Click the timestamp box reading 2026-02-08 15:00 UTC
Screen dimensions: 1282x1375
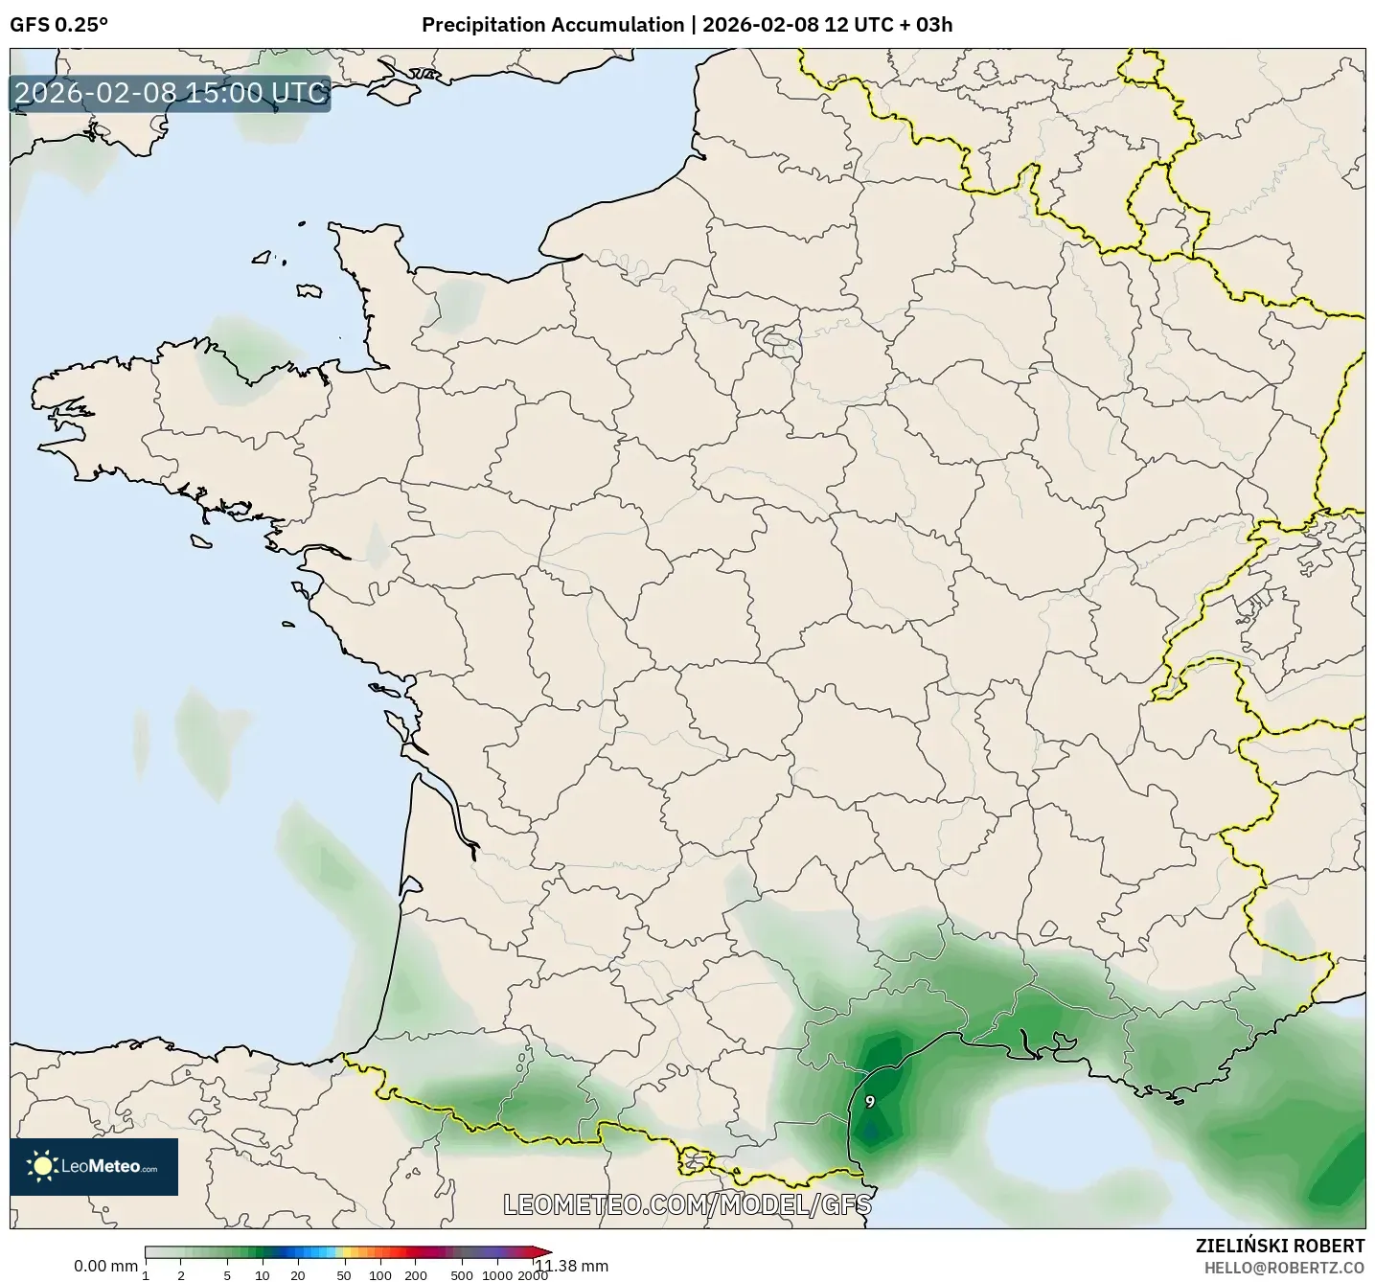tap(171, 93)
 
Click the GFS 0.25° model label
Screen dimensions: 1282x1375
tap(58, 25)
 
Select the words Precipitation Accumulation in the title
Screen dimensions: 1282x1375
tap(553, 25)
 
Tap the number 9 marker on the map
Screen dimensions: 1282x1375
tap(870, 1102)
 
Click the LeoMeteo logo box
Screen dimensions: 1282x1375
tap(94, 1166)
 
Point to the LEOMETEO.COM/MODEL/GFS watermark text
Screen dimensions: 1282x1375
tap(687, 1204)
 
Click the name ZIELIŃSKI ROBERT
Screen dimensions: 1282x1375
tap(1280, 1246)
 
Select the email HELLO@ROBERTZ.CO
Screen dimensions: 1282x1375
tap(1284, 1268)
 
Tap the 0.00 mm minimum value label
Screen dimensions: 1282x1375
tap(105, 1266)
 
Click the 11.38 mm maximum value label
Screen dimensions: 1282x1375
tap(571, 1266)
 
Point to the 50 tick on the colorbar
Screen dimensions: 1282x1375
tap(344, 1275)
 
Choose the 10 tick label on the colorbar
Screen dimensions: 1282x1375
tap(263, 1275)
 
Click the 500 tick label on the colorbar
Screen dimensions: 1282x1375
tap(463, 1275)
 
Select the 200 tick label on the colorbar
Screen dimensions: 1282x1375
tap(416, 1275)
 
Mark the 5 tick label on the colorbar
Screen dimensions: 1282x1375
tap(227, 1275)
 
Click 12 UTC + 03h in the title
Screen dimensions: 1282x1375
tap(888, 25)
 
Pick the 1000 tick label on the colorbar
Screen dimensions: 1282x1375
tap(497, 1275)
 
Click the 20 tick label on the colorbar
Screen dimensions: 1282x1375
tap(298, 1275)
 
